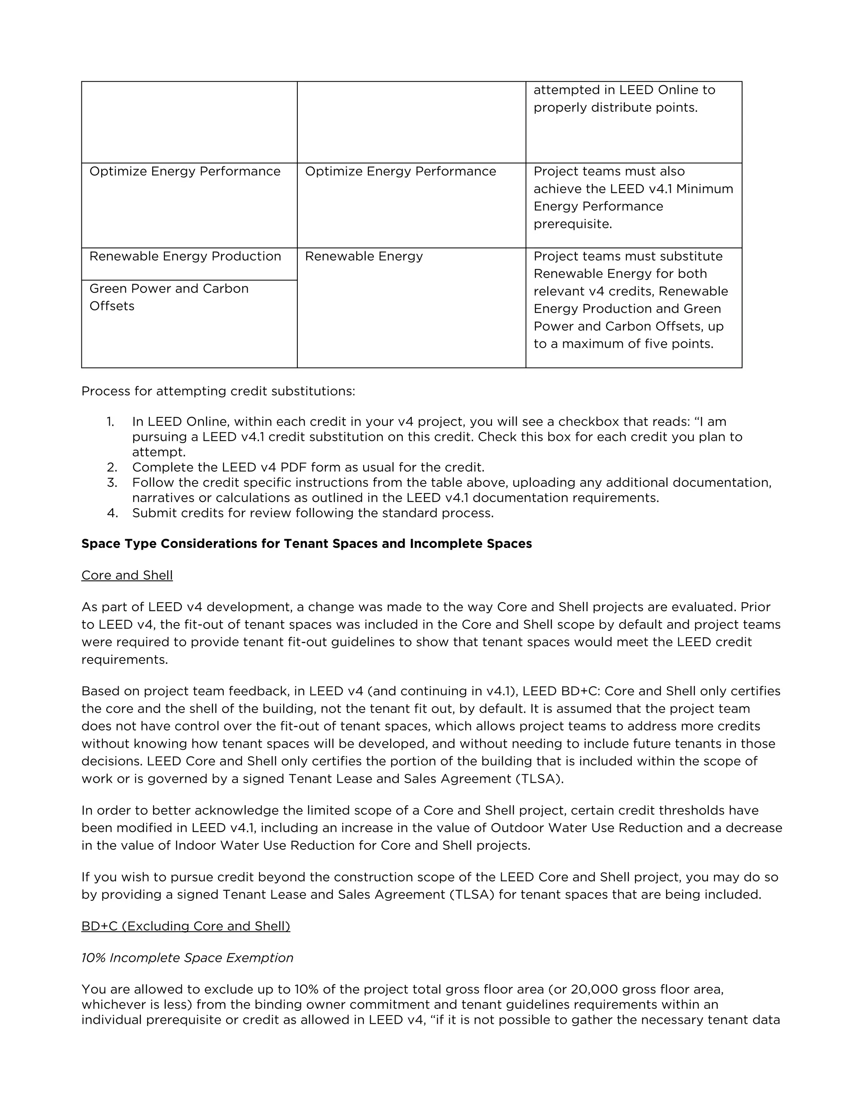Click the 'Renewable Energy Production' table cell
coord(185,256)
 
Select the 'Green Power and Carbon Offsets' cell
coord(169,297)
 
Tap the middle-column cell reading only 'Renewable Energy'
coord(364,256)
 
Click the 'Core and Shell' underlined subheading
coord(127,575)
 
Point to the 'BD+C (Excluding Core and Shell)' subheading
coord(185,926)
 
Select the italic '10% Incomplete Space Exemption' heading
coord(187,958)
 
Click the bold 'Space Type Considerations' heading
coord(306,544)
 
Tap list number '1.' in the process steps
coord(111,422)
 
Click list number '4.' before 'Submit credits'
coord(112,513)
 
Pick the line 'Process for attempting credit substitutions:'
coord(218,391)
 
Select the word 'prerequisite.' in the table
coord(573,224)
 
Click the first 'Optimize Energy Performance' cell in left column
coord(185,171)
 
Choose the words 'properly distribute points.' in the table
coord(615,108)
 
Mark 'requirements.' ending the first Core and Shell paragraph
coord(124,660)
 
